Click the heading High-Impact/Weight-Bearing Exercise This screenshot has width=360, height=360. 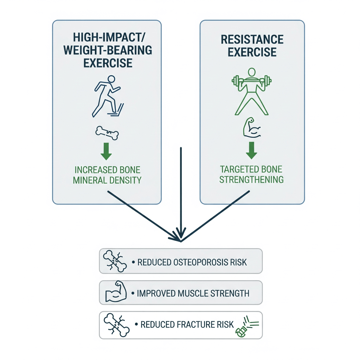pos(108,50)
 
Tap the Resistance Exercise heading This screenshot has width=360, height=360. pos(252,45)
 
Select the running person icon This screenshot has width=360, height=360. pos(106,95)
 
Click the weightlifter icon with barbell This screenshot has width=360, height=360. pos(251,91)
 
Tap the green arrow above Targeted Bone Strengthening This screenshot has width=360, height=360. pos(251,150)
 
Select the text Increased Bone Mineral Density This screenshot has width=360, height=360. pos(108,175)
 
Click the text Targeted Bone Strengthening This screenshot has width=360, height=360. pos(251,174)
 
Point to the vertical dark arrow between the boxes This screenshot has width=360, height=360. pos(181,190)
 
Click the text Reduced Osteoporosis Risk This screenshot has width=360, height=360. pos(192,262)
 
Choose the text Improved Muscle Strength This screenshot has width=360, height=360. pos(193,293)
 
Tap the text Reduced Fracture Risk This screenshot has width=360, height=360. pos(187,324)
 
